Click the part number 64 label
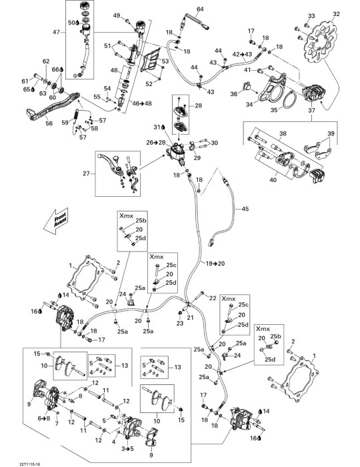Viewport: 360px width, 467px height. point(200,9)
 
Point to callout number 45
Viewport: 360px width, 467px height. point(245,209)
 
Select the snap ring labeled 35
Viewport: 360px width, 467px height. point(289,100)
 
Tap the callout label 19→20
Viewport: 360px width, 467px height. point(216,264)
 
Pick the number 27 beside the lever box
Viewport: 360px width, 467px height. point(86,173)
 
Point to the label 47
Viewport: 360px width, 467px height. point(56,32)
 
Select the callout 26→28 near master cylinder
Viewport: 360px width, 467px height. point(155,143)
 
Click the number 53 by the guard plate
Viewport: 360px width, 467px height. point(165,61)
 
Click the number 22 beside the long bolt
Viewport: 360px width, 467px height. point(213,298)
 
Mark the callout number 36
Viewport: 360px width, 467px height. point(234,94)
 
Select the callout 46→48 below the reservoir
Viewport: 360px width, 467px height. point(142,103)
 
